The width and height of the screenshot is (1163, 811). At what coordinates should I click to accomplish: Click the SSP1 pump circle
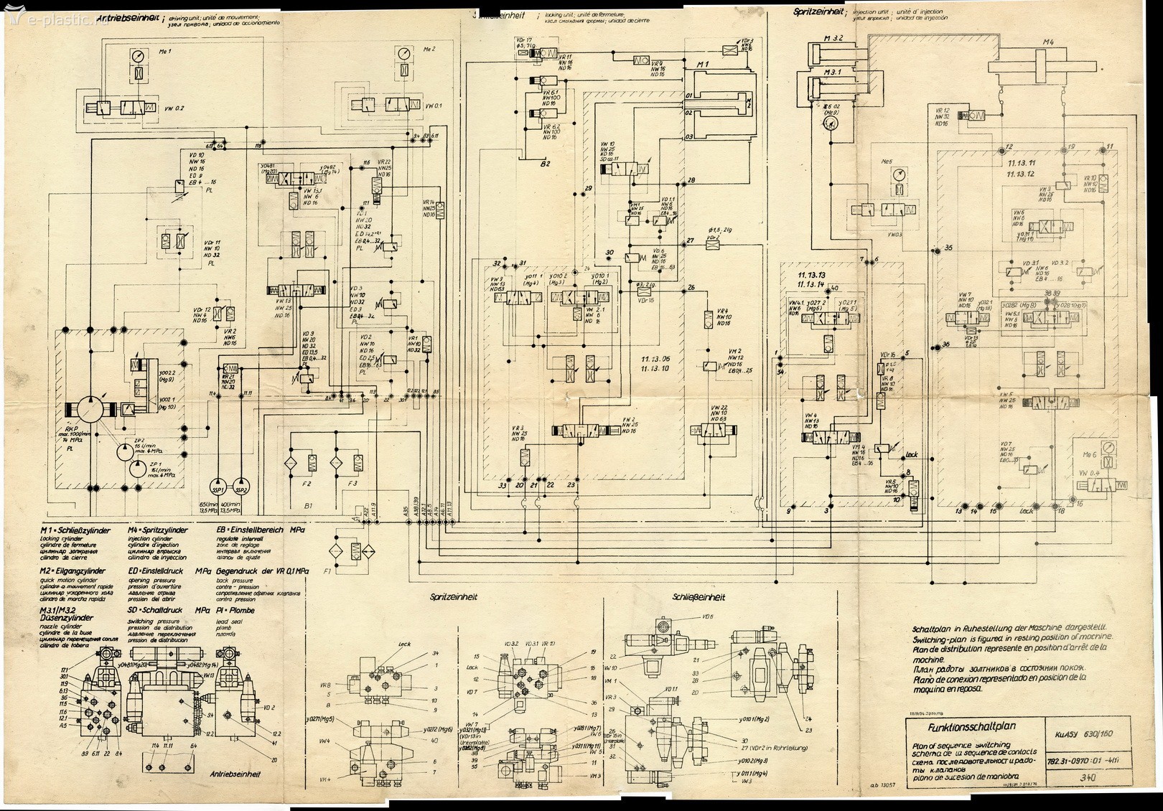tap(219, 489)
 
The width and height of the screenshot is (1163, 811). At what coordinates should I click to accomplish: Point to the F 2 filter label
tap(307, 484)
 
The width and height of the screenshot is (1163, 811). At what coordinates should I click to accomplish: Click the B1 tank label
tap(310, 506)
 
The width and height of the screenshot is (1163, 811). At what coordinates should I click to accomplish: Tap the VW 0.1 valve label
tap(434, 106)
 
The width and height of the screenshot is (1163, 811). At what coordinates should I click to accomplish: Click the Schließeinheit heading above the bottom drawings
tap(699, 596)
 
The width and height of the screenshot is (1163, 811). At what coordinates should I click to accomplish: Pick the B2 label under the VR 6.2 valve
tap(545, 164)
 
